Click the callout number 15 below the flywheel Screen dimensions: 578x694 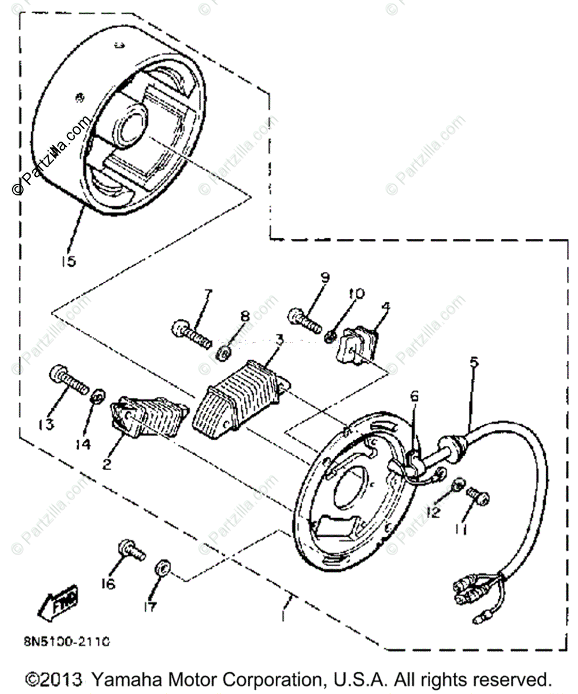pos(68,261)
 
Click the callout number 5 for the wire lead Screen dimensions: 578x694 pos(474,363)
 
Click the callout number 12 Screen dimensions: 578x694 pos(433,512)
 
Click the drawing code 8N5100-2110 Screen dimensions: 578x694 pos(67,642)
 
